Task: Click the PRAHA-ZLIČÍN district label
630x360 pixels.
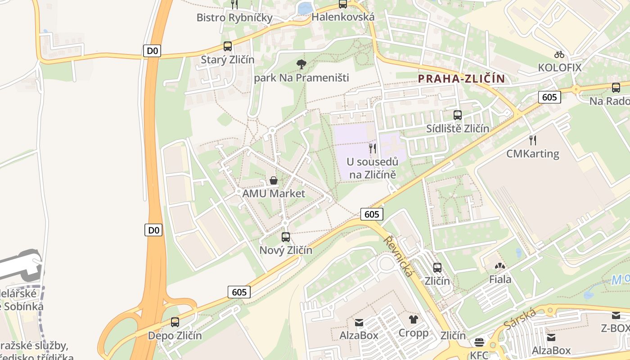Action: click(461, 79)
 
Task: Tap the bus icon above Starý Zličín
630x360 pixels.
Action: click(228, 46)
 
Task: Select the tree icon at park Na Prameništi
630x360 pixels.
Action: click(301, 64)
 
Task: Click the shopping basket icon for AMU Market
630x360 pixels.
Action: click(273, 181)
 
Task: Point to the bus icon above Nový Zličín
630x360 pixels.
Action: click(286, 237)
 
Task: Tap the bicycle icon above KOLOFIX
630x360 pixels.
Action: click(559, 54)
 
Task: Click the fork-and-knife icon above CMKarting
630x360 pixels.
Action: click(533, 140)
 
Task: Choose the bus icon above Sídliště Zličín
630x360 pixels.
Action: click(458, 115)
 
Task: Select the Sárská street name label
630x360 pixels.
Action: click(520, 318)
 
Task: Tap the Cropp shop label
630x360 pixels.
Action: click(414, 333)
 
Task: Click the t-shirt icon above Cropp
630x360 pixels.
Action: click(414, 320)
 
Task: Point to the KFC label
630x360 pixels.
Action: click(479, 355)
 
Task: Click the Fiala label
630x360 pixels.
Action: click(500, 279)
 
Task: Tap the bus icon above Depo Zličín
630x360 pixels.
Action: click(175, 322)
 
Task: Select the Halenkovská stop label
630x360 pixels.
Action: click(343, 17)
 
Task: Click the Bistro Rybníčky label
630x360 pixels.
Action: click(234, 18)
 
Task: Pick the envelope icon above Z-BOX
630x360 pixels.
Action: click(616, 315)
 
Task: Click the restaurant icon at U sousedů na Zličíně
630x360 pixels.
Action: click(373, 148)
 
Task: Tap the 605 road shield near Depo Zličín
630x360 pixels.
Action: click(239, 292)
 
